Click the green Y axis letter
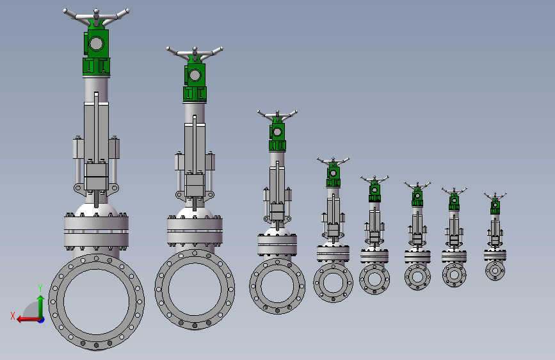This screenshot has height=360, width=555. [x=40, y=288]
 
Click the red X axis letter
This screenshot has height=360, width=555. [x=13, y=316]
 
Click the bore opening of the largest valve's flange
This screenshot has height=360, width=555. [x=96, y=302]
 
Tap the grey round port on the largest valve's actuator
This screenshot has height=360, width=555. [x=96, y=44]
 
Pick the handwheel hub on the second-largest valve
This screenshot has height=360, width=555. [x=195, y=51]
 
